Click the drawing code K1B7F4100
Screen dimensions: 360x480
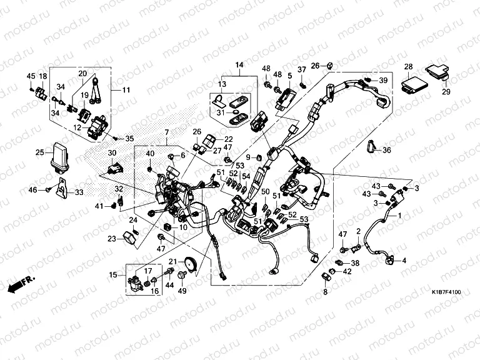[x=446, y=292]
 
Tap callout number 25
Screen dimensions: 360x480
[x=39, y=152]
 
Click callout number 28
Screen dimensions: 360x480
[x=408, y=66]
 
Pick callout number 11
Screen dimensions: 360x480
[x=126, y=90]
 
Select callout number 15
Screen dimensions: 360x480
[x=112, y=274]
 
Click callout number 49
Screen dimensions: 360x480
[x=183, y=291]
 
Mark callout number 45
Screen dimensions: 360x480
[x=31, y=76]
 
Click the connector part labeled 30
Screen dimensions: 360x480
[x=113, y=167]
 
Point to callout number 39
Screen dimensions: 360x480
[x=383, y=81]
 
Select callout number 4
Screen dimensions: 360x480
[x=403, y=261]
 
